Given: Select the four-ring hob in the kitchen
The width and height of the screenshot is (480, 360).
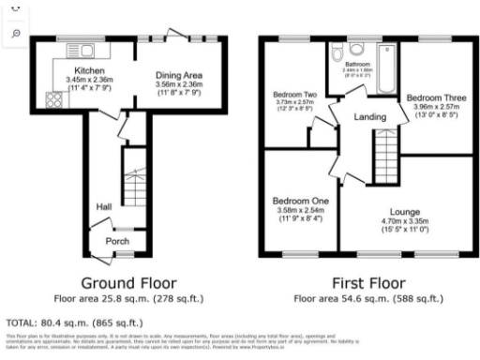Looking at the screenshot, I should (x=54, y=100).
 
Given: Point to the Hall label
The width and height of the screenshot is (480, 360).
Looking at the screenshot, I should (x=104, y=206).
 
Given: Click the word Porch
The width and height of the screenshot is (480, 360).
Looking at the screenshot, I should (x=117, y=240).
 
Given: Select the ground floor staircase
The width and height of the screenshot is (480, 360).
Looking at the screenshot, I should (x=136, y=178).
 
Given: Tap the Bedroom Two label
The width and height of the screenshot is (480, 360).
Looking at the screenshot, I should (x=293, y=95).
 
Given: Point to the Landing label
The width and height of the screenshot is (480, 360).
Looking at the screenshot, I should (x=369, y=116).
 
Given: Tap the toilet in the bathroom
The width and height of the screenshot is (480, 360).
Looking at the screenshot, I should (x=354, y=49).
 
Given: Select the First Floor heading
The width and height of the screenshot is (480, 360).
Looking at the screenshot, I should (x=369, y=282).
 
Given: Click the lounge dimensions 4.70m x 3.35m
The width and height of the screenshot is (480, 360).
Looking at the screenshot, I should (x=404, y=221).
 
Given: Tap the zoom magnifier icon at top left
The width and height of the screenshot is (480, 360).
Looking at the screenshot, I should (x=16, y=33).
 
